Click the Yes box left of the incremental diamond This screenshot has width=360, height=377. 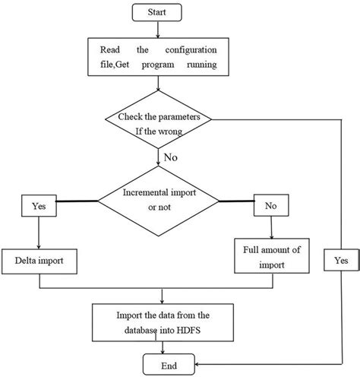pos(38,206)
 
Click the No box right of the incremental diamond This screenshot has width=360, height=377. pos(270,206)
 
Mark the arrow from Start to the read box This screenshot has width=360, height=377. pos(157,30)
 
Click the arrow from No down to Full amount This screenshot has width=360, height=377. pos(271,227)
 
